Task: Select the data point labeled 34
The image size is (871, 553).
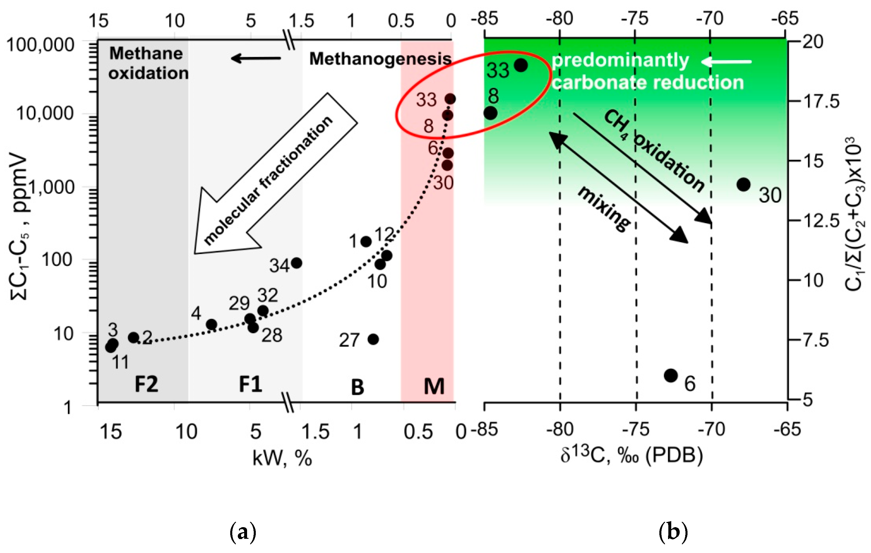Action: (x=296, y=263)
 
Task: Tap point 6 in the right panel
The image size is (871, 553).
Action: (x=671, y=375)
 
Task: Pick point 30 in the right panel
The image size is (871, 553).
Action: (x=743, y=184)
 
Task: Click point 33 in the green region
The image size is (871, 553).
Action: (x=521, y=65)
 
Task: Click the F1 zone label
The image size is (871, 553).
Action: (x=250, y=384)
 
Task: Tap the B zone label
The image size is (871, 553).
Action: (x=357, y=387)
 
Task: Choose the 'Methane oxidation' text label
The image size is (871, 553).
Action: (x=148, y=63)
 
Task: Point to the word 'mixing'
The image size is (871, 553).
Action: (x=604, y=209)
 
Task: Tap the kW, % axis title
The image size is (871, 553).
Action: (x=282, y=458)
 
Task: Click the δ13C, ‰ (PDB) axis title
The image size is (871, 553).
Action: (x=631, y=455)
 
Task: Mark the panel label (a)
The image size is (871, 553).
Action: (x=243, y=532)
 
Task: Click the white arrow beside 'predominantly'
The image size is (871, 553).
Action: (x=726, y=62)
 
